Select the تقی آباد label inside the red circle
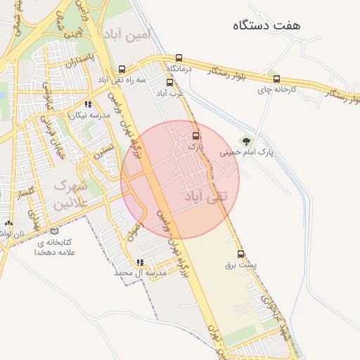pyautogui.click(x=205, y=197)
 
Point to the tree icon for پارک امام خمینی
pyautogui.click(x=245, y=141)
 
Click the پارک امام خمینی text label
pyautogui.click(x=245, y=153)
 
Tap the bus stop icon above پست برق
pyautogui.click(x=241, y=254)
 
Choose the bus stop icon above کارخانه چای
pyautogui.click(x=276, y=79)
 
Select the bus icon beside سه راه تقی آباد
pyautogui.click(x=122, y=69)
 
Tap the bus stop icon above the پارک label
pyautogui.click(x=195, y=136)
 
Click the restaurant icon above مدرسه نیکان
pyautogui.click(x=87, y=104)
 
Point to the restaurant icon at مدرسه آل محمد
pyautogui.click(x=139, y=262)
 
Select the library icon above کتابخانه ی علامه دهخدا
pyautogui.click(x=55, y=231)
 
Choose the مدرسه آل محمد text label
pyautogui.click(x=140, y=272)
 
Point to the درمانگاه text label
pyautogui.click(x=180, y=69)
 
